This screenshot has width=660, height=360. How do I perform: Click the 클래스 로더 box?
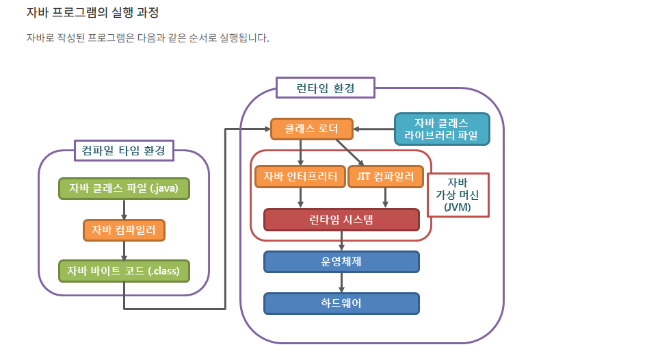click(x=311, y=129)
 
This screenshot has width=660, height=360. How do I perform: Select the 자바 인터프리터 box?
click(x=300, y=177)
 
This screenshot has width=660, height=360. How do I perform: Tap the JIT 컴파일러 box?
click(x=385, y=177)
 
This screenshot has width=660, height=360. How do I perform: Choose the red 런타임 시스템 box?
click(x=341, y=220)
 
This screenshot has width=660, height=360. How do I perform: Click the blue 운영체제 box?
click(x=341, y=262)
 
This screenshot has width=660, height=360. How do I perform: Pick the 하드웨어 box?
click(x=341, y=303)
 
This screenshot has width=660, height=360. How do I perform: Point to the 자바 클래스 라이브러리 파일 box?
click(x=442, y=129)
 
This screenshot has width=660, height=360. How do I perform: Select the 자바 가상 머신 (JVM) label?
click(x=458, y=194)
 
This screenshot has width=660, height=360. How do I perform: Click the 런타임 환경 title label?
click(x=326, y=88)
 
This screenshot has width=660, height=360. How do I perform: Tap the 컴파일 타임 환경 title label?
click(x=124, y=151)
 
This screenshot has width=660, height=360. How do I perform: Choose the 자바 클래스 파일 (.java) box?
click(x=124, y=188)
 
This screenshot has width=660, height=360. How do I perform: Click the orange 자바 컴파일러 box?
click(x=124, y=229)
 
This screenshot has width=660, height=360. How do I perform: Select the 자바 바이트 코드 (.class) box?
click(x=124, y=271)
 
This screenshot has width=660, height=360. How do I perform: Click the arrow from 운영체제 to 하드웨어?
click(x=341, y=283)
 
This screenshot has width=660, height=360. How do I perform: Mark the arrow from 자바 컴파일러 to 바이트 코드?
click(x=124, y=250)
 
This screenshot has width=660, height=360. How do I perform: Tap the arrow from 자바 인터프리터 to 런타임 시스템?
click(x=300, y=198)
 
